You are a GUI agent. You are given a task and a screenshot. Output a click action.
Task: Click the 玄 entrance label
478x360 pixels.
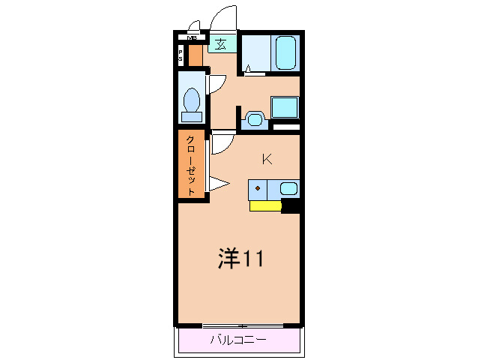pos(221,44)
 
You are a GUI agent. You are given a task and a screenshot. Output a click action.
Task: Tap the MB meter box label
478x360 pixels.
pos(193,37)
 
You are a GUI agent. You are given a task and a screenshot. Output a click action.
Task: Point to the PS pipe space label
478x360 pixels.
pos(181,55)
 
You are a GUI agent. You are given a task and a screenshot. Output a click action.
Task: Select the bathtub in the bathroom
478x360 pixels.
pos(286,53)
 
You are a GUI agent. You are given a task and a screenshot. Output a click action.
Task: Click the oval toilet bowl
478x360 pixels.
pos(193,100)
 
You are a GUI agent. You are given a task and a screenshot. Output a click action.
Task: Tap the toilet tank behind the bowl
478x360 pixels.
pos(192,116)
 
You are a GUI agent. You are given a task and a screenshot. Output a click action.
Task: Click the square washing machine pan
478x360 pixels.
pos(284,106)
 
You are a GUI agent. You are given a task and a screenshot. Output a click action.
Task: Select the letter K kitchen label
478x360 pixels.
pos(266,158)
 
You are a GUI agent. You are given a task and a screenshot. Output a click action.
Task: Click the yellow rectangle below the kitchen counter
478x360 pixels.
pos(265,205)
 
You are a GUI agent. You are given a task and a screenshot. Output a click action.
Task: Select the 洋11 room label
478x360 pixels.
pos(240,259)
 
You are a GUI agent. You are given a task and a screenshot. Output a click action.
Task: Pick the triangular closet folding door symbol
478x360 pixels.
pos(218,183)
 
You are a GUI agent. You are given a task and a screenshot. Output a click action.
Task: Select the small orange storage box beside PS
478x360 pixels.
pos(195,55)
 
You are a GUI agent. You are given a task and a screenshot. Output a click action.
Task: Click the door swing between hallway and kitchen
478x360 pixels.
pos(223,143)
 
